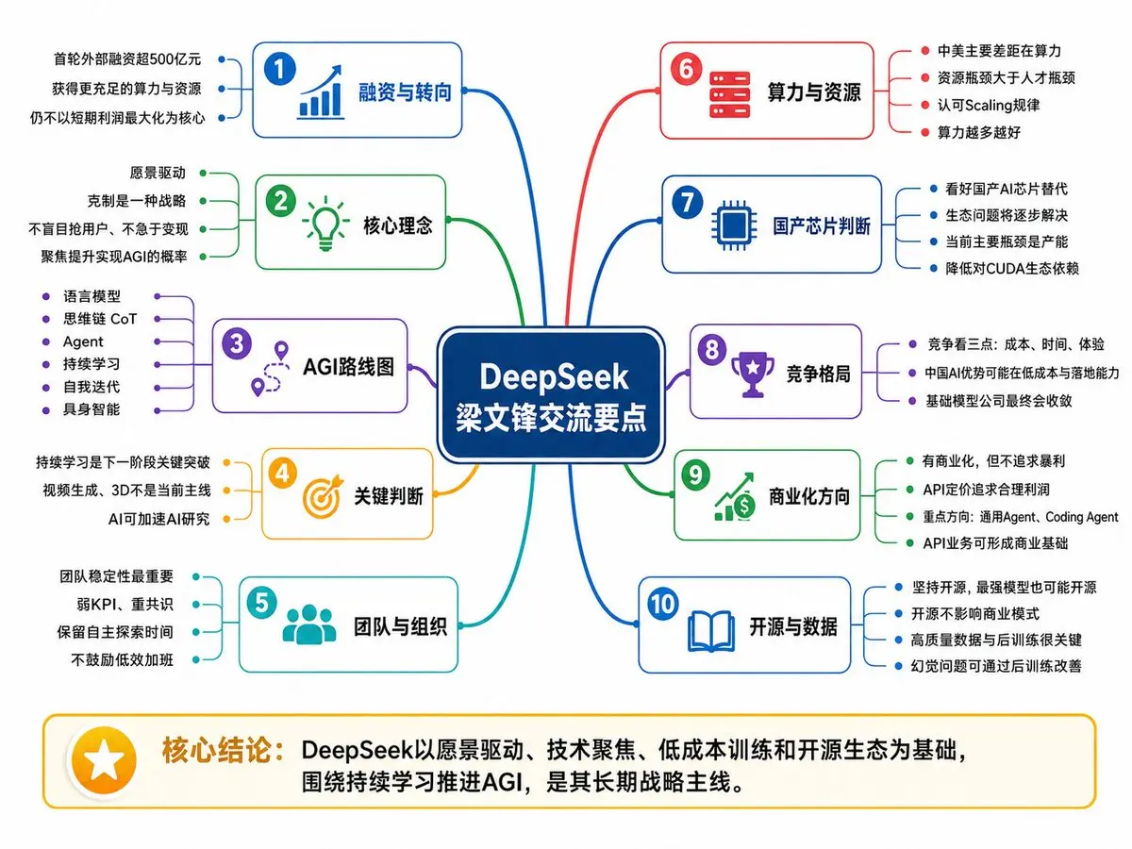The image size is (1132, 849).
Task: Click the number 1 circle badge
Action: (279, 69)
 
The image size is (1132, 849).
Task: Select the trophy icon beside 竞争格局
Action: (753, 375)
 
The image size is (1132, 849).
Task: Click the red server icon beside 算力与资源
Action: (729, 95)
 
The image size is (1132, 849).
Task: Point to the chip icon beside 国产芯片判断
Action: (734, 225)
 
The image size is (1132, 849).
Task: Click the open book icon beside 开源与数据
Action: (710, 630)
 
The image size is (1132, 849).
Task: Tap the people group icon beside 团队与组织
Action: (309, 624)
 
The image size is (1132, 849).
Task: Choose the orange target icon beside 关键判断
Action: (323, 496)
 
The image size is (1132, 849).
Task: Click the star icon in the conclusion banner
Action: (104, 759)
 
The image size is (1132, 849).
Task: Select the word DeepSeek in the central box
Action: (554, 376)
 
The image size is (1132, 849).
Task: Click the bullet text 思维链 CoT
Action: (100, 319)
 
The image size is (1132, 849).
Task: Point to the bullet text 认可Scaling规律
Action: (988, 105)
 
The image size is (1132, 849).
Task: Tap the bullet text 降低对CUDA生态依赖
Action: (1012, 268)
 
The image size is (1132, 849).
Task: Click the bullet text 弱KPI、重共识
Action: (125, 604)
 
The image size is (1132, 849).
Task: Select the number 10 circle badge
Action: (663, 604)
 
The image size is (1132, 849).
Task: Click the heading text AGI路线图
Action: (348, 367)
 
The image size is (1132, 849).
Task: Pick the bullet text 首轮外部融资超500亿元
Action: (127, 59)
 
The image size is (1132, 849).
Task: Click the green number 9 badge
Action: (695, 474)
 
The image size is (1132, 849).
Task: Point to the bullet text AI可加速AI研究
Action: (158, 519)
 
